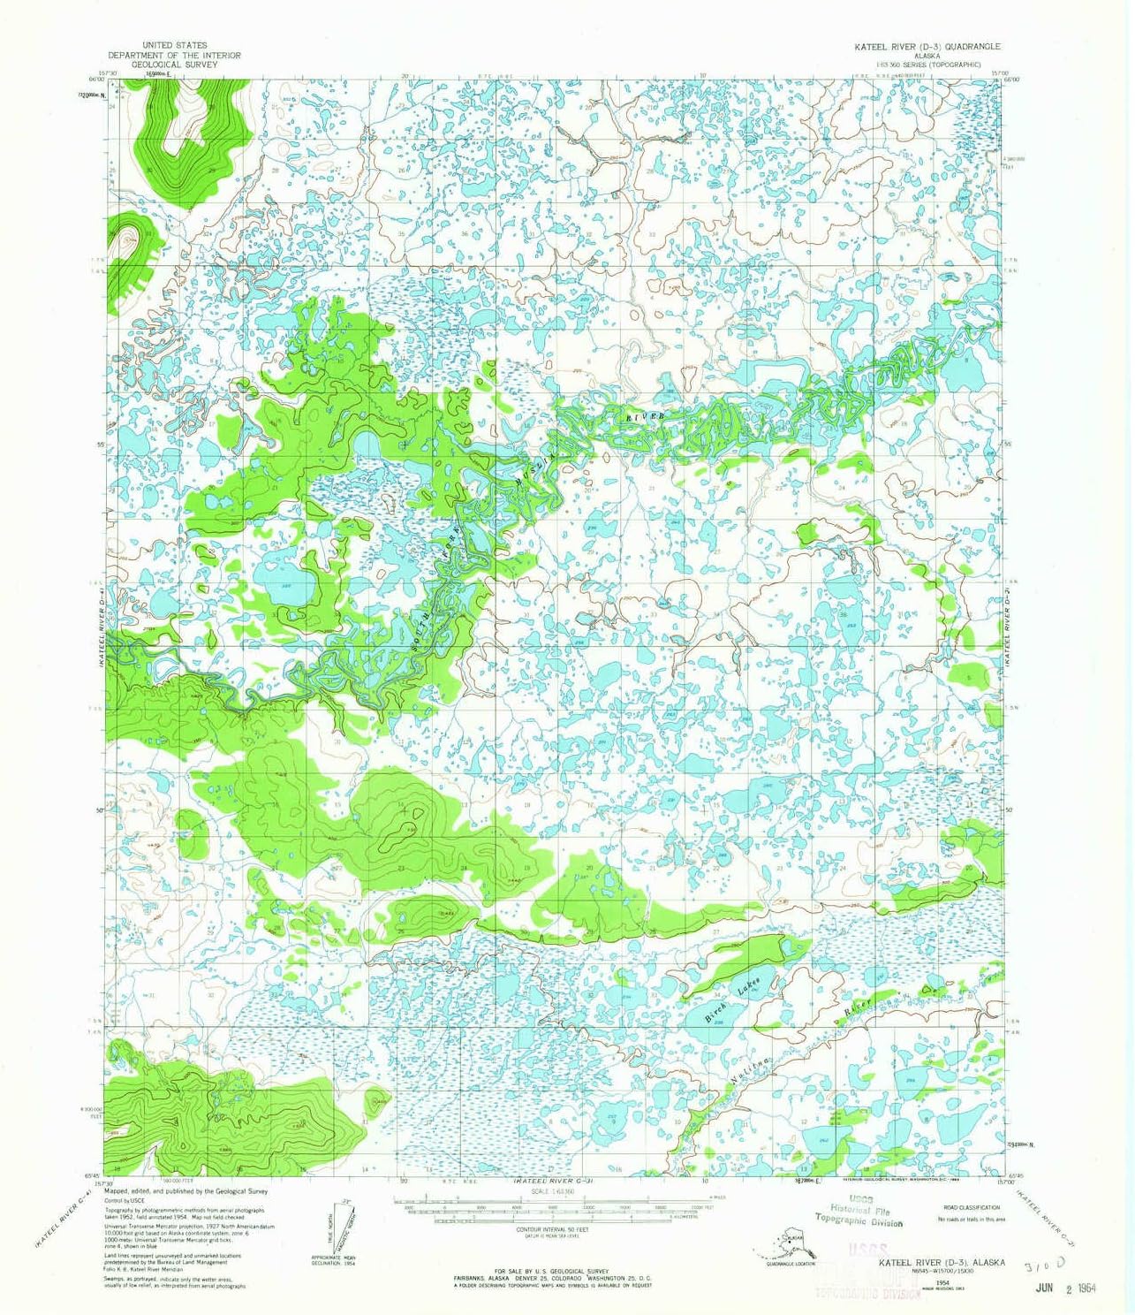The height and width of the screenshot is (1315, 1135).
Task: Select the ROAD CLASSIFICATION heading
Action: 972,1207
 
